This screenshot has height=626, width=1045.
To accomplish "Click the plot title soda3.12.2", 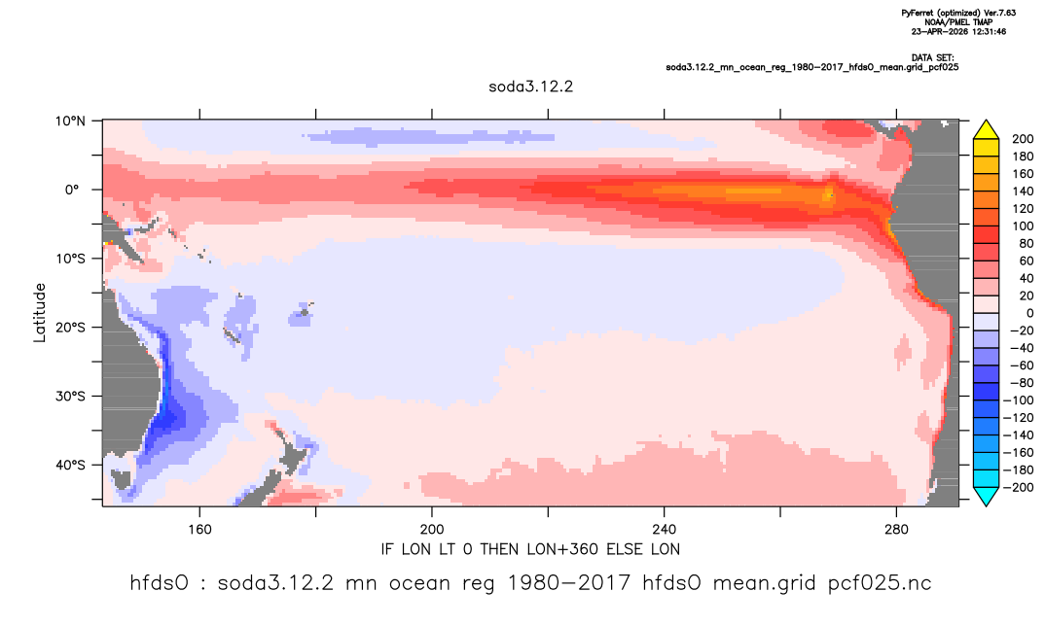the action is (530, 87).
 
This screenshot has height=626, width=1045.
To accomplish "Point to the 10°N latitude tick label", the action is (70, 122).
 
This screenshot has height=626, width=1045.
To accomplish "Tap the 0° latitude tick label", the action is (72, 190).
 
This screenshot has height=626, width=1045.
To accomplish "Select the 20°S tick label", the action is (70, 328).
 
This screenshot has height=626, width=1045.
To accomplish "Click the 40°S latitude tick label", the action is (70, 465).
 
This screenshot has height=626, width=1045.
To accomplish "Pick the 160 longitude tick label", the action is (199, 530).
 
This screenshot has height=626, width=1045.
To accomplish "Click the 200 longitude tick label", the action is (432, 530).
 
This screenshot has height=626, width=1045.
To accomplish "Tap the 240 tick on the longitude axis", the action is (664, 530).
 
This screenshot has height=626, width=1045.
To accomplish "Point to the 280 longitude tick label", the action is (896, 530).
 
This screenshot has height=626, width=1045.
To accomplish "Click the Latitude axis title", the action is (40, 313).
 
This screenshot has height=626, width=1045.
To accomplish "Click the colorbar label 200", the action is (1023, 139).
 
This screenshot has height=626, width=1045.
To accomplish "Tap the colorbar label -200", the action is (1019, 487).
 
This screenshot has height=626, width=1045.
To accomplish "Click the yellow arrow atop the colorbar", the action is (986, 129).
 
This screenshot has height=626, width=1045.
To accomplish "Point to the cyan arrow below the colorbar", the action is (986, 496).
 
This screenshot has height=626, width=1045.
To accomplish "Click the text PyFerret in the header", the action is (917, 14).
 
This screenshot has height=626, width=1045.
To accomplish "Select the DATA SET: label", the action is (932, 58).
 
